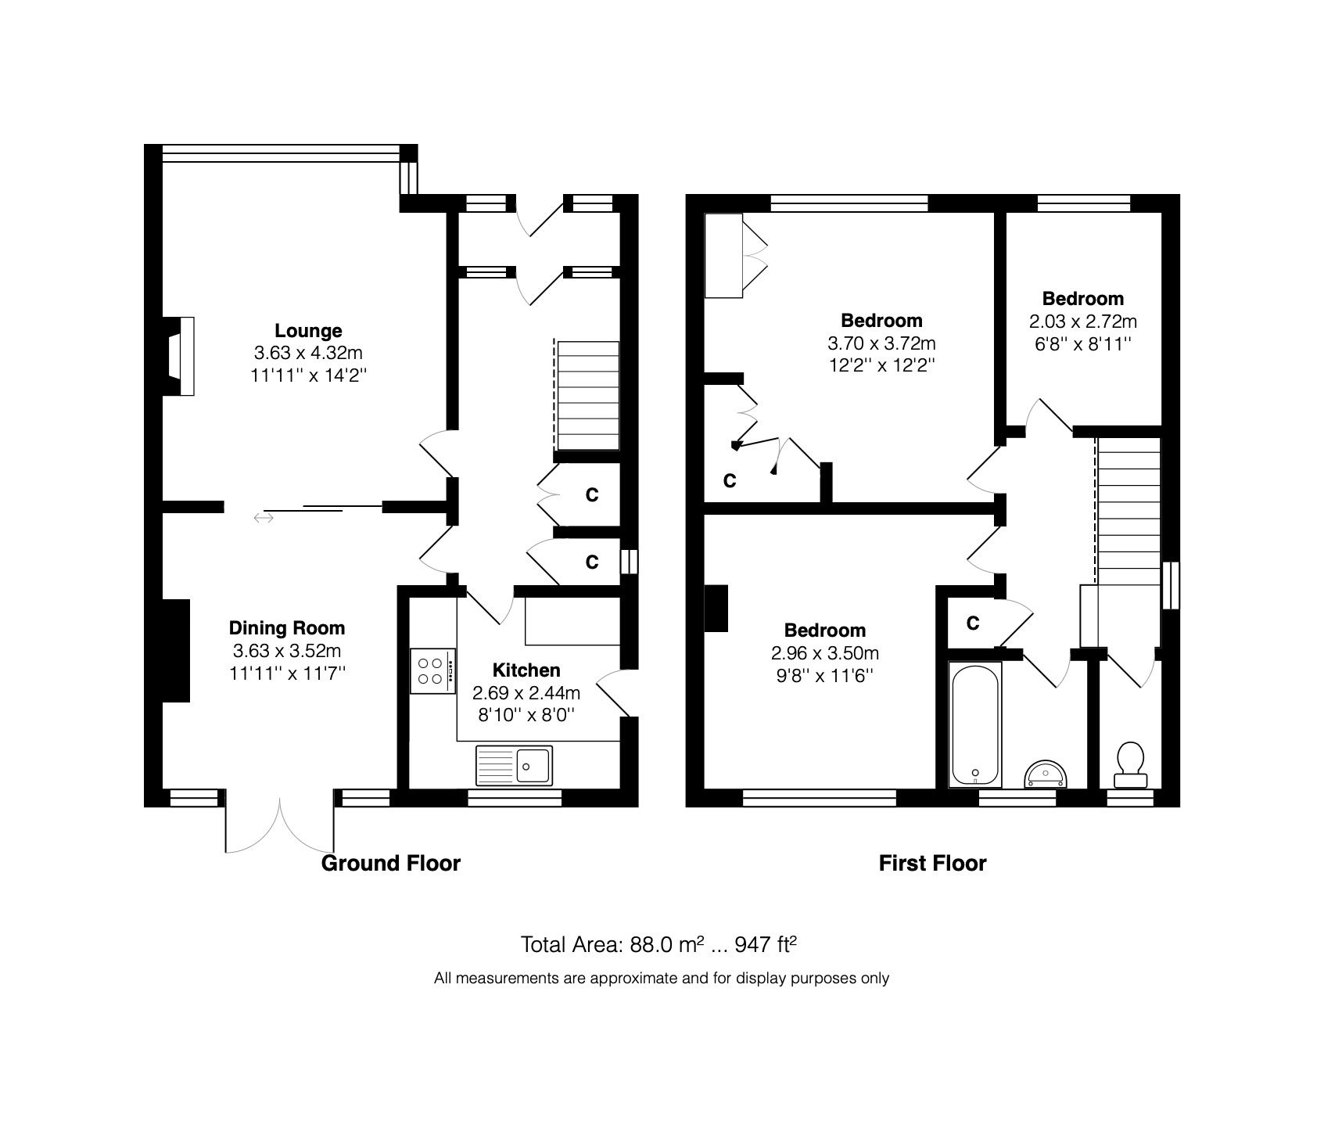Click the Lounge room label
(308, 331)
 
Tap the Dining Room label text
(286, 627)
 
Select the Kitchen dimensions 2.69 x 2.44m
(526, 692)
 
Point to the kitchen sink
(513, 765)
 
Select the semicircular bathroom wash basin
(1044, 774)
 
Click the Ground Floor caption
(391, 864)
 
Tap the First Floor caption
(932, 864)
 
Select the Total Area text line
(658, 945)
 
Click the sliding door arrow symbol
(264, 517)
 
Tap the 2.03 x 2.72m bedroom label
(1083, 321)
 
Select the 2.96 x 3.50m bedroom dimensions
(824, 653)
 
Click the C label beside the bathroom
(972, 623)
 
